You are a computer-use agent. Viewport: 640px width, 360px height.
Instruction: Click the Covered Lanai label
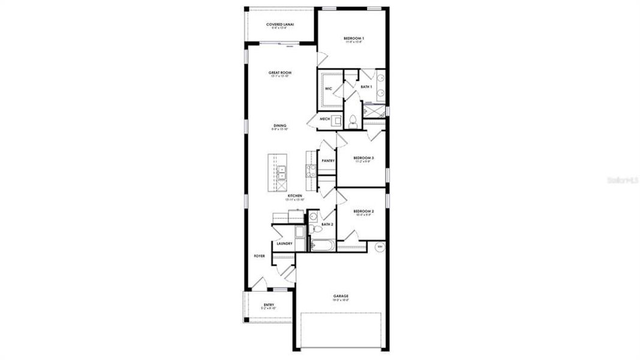(x=280, y=25)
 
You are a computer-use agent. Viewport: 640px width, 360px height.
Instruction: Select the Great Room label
(x=280, y=73)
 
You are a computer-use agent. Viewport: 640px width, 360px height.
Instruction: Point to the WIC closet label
(x=328, y=89)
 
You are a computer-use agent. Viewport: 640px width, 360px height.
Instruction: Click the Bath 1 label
(x=366, y=87)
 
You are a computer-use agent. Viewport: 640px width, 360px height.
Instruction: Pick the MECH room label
(x=324, y=119)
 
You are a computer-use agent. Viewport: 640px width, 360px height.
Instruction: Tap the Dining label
(x=280, y=126)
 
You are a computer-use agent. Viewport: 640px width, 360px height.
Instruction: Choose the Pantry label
(x=327, y=161)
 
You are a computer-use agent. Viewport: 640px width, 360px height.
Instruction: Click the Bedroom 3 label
(x=363, y=158)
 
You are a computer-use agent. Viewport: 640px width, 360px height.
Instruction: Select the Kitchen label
(x=295, y=196)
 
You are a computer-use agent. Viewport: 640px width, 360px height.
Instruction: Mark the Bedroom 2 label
(x=363, y=211)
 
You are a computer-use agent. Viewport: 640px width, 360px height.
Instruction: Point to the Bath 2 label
(x=327, y=224)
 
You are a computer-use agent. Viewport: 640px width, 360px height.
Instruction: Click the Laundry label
(x=284, y=243)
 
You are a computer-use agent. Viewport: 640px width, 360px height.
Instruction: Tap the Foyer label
(x=259, y=256)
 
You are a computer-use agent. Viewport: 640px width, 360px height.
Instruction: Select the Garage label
(x=341, y=296)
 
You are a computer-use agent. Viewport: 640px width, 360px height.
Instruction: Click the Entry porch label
(x=269, y=305)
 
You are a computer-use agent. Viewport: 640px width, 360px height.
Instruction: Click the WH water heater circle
(x=379, y=246)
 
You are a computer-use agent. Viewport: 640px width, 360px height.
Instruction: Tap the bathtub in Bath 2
(x=322, y=245)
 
